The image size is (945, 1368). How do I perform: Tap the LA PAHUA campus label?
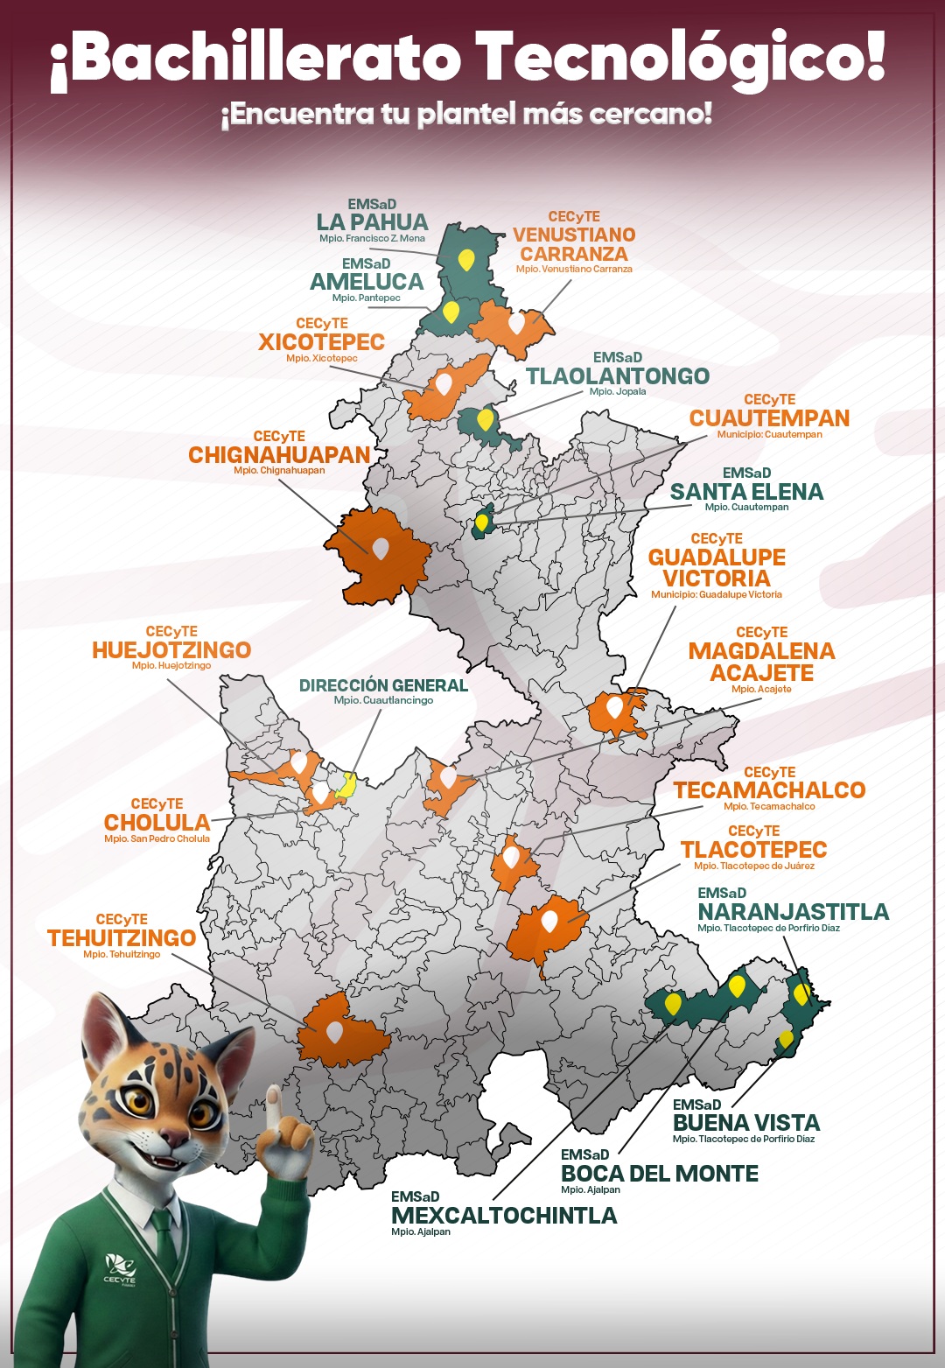(372, 222)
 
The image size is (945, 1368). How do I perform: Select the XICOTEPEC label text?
(321, 341)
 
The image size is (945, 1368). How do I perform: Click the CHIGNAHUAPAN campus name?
(279, 455)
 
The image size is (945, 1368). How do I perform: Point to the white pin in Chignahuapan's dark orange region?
(380, 548)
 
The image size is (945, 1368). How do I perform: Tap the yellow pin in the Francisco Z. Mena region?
(466, 259)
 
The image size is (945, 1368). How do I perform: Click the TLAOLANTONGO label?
(617, 376)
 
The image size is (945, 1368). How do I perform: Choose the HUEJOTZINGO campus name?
(171, 650)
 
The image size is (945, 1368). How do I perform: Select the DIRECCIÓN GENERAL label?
(383, 685)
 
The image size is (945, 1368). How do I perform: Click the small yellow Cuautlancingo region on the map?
(346, 785)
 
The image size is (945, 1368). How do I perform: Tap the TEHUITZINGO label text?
(122, 938)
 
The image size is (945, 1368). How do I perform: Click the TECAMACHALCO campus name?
(769, 790)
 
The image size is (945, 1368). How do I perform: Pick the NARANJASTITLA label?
(793, 912)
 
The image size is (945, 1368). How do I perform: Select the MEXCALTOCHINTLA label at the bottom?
(504, 1216)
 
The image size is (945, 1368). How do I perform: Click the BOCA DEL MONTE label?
(659, 1174)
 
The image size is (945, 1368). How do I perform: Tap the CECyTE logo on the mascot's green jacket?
(120, 1268)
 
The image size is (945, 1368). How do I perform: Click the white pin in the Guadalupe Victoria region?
(614, 705)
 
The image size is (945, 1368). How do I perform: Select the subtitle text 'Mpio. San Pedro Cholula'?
(157, 838)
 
